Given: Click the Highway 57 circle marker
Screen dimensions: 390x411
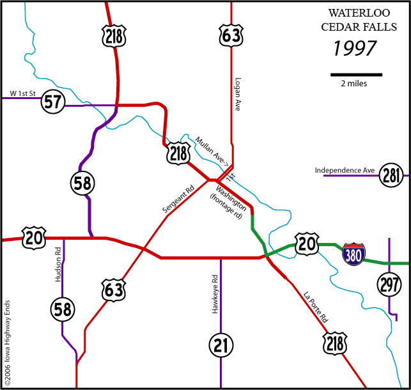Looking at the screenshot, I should pos(52,101).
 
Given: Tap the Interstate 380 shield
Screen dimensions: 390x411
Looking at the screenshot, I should pos(354,254).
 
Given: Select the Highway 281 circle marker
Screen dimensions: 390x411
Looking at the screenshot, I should pos(391,175).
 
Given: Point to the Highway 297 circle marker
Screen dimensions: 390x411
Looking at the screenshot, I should pos(389,283).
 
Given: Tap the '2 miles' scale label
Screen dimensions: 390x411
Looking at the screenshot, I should pos(353,84).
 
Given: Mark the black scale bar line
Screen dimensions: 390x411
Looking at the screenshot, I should pos(356,75).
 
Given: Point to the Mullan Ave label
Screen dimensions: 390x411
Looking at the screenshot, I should pos(212,151).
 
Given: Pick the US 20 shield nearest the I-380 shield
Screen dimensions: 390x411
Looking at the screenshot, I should pos(306,244).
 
